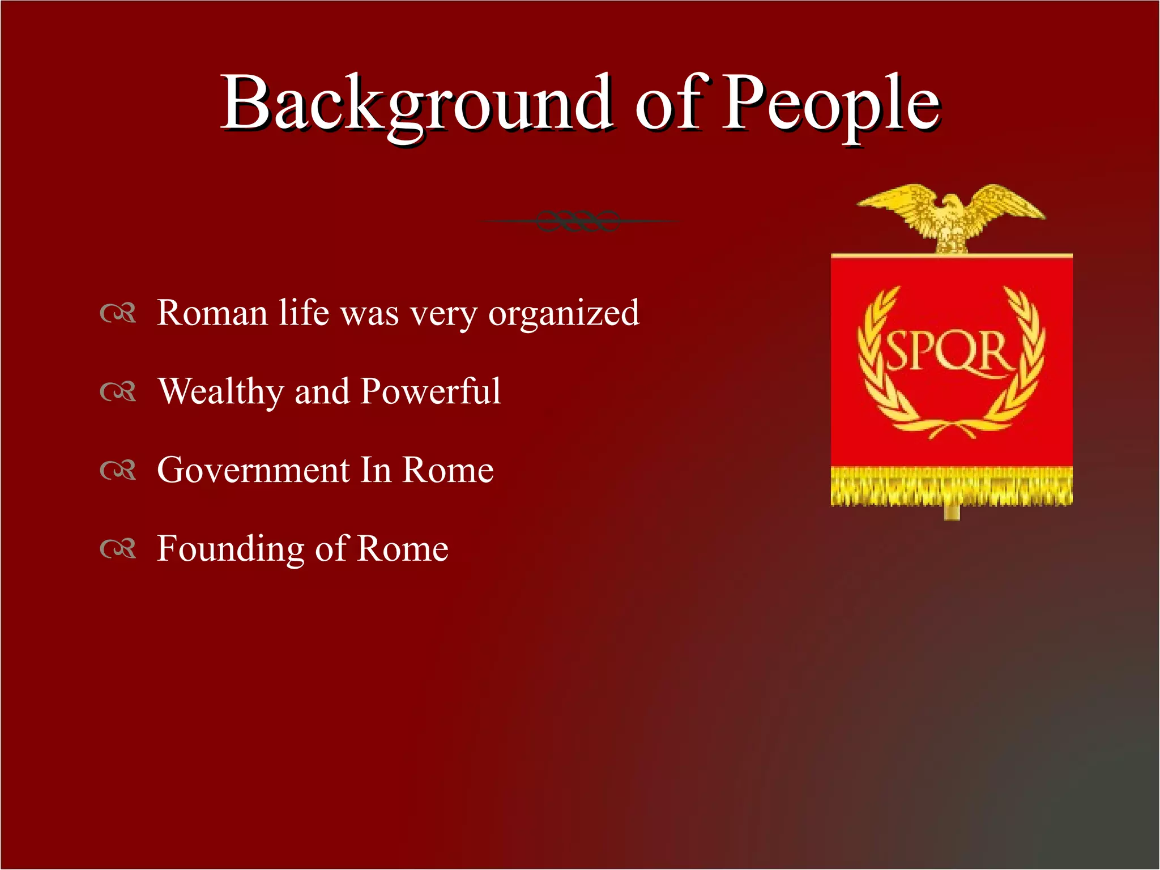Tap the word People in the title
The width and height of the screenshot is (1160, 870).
pyautogui.click(x=831, y=105)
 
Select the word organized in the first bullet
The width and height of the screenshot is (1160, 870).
pyautogui.click(x=564, y=313)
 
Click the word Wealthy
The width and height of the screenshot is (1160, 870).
pyautogui.click(x=220, y=391)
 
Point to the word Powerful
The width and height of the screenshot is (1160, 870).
pyautogui.click(x=430, y=391)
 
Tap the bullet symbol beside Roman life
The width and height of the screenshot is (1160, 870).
pyautogui.click(x=118, y=313)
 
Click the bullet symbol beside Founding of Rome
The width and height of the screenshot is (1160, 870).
pyautogui.click(x=118, y=549)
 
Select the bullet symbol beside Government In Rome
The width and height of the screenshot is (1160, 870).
pyautogui.click(x=118, y=470)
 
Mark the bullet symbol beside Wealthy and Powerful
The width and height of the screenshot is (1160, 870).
pyautogui.click(x=118, y=392)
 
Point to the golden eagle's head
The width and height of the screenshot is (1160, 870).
pyautogui.click(x=952, y=202)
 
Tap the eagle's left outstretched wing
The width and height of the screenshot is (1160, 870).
pyautogui.click(x=895, y=201)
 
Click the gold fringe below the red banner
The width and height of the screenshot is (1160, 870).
pyautogui.click(x=952, y=486)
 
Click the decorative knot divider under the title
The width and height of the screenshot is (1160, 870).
pyautogui.click(x=578, y=220)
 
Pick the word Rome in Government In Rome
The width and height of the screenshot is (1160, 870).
pyautogui.click(x=447, y=470)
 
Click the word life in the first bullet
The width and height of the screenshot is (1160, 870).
pyautogui.click(x=304, y=313)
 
